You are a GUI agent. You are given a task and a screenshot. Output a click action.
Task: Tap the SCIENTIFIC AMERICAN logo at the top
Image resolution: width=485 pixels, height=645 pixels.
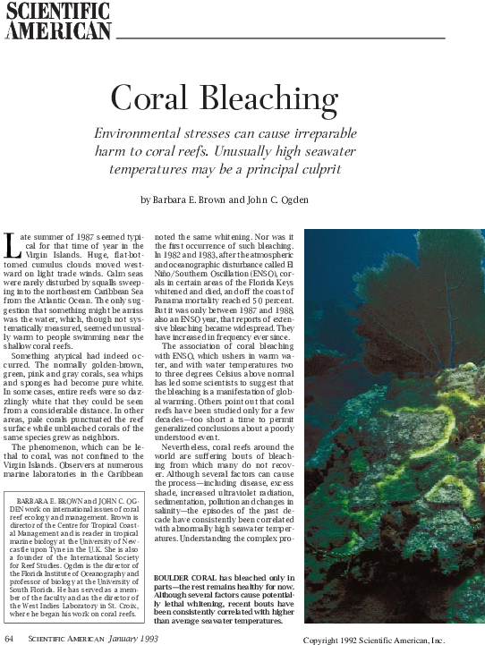(57, 21)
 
